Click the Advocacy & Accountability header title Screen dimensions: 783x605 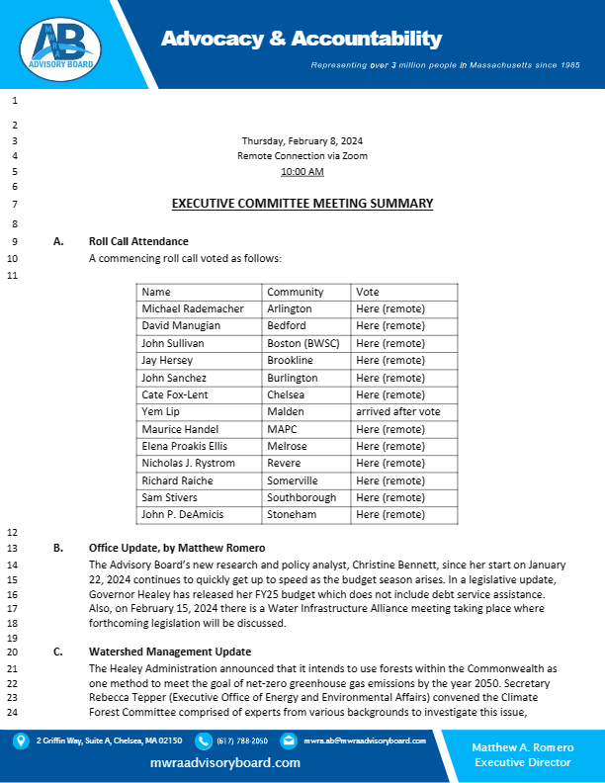pyautogui.click(x=302, y=39)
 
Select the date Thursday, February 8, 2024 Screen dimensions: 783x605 pyautogui.click(x=302, y=140)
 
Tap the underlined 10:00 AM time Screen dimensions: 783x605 pyautogui.click(x=302, y=171)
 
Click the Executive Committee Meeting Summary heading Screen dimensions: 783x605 pyautogui.click(x=302, y=204)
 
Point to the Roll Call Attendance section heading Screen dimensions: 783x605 pyautogui.click(x=138, y=241)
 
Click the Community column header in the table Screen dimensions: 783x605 pyautogui.click(x=295, y=292)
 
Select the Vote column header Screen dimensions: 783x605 pyautogui.click(x=368, y=292)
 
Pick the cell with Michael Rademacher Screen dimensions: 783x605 pyautogui.click(x=192, y=308)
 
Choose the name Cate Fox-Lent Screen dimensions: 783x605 pyautogui.click(x=175, y=394)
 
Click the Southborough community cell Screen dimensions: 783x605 pyautogui.click(x=301, y=497)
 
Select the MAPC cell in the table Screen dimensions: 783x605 pyautogui.click(x=283, y=429)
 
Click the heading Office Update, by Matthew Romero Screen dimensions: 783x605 pyautogui.click(x=177, y=548)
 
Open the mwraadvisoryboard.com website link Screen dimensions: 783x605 pyautogui.click(x=225, y=763)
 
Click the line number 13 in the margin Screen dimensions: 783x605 pyautogui.click(x=14, y=548)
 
